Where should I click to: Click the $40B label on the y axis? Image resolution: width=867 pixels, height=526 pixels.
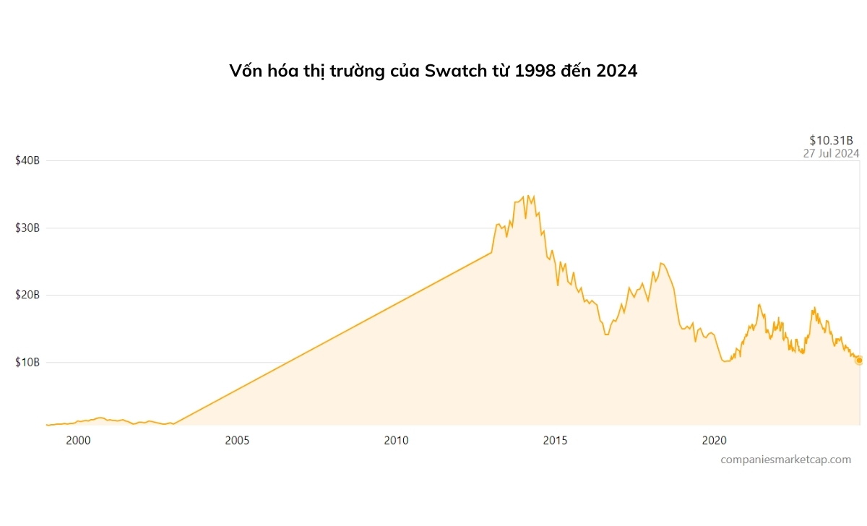coord(27,160)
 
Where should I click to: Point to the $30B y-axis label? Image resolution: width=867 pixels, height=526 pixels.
coord(27,228)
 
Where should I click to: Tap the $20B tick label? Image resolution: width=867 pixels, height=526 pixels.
coord(27,295)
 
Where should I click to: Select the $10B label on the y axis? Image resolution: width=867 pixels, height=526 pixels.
coord(27,362)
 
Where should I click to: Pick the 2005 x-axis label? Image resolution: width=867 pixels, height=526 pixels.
coord(237,440)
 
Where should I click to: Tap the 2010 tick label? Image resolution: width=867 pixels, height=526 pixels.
coord(396,440)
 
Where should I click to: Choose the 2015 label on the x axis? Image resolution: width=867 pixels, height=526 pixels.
coord(555,440)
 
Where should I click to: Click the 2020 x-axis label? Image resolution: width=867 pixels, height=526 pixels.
coord(714,440)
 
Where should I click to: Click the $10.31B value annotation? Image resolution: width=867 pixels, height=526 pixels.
coord(831,140)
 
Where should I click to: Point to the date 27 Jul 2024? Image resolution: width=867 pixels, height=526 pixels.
coord(831,153)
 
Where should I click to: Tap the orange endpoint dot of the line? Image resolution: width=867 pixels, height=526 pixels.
coord(859,361)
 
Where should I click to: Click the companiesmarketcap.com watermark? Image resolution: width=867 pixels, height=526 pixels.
coord(785,460)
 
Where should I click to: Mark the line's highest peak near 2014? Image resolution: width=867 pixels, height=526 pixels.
coord(528,195)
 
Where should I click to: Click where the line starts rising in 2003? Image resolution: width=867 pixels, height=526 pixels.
coord(174,424)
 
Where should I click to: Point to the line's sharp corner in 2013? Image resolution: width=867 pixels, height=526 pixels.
coord(491,252)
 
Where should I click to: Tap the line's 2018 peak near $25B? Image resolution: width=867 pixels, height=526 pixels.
coord(661,263)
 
